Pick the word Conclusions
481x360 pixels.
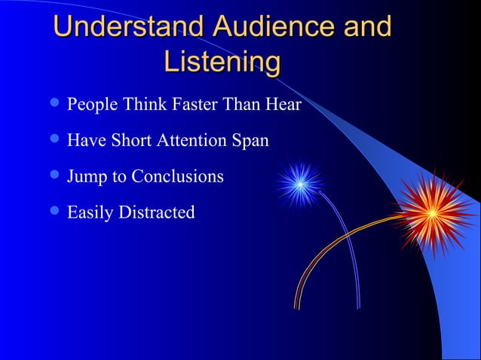click(177, 176)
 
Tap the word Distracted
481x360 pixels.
click(155, 212)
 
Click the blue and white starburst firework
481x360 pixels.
click(299, 184)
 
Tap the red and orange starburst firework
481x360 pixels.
click(432, 212)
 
